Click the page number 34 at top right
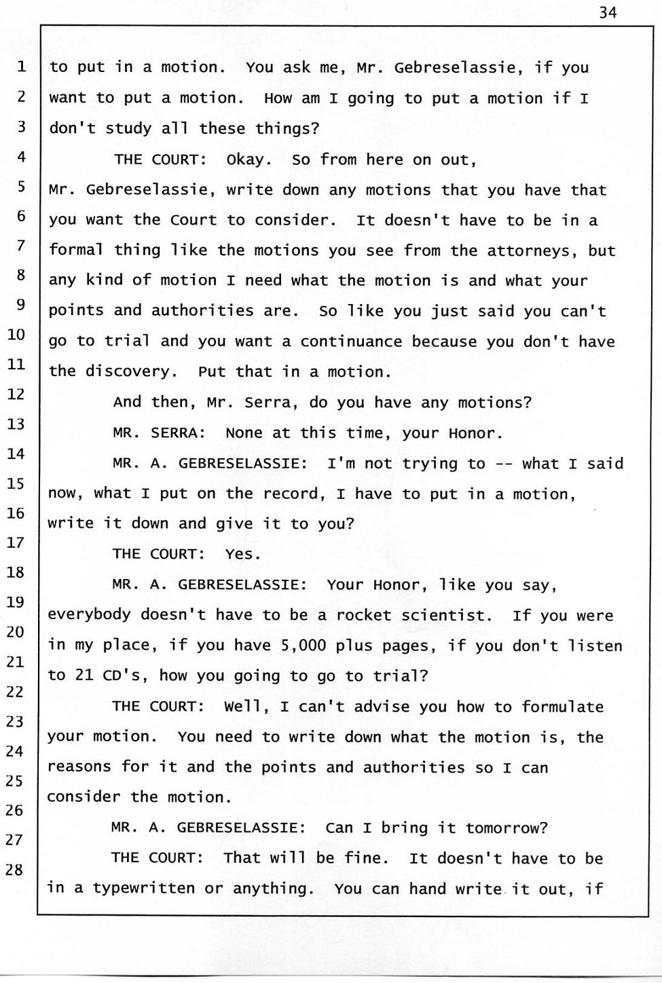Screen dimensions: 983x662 (x=608, y=12)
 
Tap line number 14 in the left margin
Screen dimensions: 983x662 (x=16, y=453)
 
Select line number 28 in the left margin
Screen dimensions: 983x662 (x=14, y=870)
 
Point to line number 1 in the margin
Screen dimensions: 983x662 (x=22, y=67)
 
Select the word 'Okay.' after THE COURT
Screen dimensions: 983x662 (x=249, y=160)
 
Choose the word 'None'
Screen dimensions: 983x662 (x=244, y=433)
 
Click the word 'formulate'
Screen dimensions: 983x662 (x=562, y=707)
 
